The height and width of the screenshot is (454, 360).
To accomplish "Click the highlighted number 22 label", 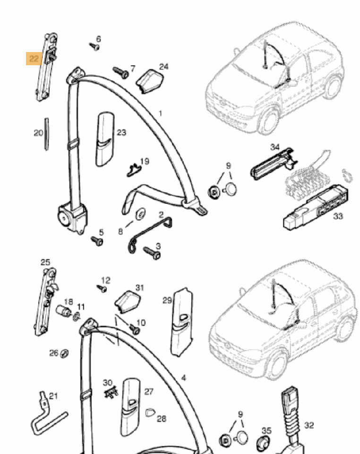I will tap(34, 59).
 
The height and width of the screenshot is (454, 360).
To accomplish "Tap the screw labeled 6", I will tap(95, 46).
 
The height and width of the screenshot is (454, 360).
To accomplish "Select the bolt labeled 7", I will tap(121, 73).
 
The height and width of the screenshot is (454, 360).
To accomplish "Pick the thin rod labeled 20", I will tap(47, 134).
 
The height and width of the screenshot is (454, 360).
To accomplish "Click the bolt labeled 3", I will tap(153, 253).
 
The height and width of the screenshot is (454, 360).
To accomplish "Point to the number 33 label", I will tap(338, 217).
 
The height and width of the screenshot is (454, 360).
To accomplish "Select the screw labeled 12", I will tap(103, 288).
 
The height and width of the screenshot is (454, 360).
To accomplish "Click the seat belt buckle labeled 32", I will tap(291, 416).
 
